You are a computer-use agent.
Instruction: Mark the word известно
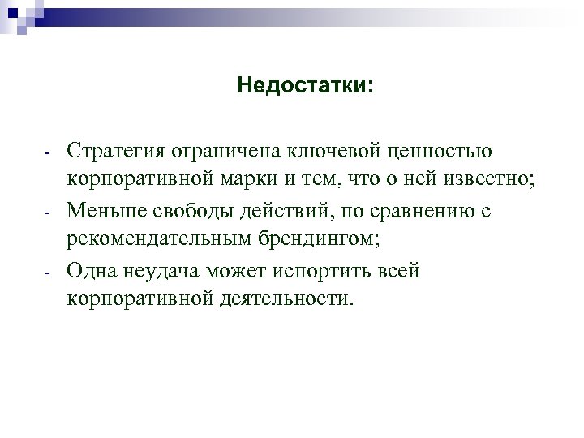pyautogui.click(x=492, y=181)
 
